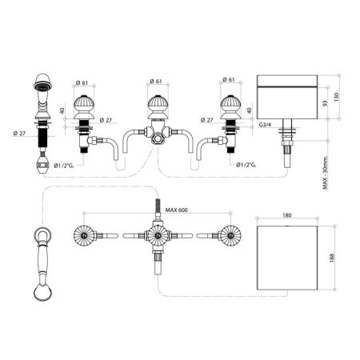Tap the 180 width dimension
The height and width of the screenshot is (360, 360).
click(289, 214)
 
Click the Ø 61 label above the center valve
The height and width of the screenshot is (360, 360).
click(156, 81)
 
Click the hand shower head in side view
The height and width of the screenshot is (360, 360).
click(40, 84)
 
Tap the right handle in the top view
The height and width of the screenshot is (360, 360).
click(229, 236)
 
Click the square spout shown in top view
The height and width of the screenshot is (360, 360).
click(289, 255)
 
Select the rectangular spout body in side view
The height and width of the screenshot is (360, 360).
click(289, 95)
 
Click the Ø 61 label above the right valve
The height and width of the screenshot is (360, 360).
click(229, 81)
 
